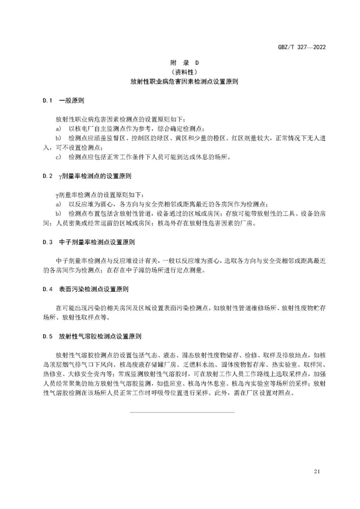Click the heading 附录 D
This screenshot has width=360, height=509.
click(180, 63)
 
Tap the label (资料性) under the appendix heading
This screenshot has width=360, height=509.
click(180, 72)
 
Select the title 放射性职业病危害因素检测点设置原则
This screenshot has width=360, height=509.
click(180, 81)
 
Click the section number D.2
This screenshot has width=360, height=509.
click(47, 176)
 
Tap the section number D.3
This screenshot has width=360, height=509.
click(47, 242)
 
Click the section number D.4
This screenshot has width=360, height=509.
click(47, 289)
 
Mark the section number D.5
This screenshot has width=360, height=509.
click(47, 336)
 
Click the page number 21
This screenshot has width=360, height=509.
click(317, 471)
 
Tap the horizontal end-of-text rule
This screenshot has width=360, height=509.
click(181, 412)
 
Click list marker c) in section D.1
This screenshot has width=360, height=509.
click(58, 157)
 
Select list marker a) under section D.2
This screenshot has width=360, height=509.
click(58, 204)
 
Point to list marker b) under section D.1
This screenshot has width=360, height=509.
click(58, 138)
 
